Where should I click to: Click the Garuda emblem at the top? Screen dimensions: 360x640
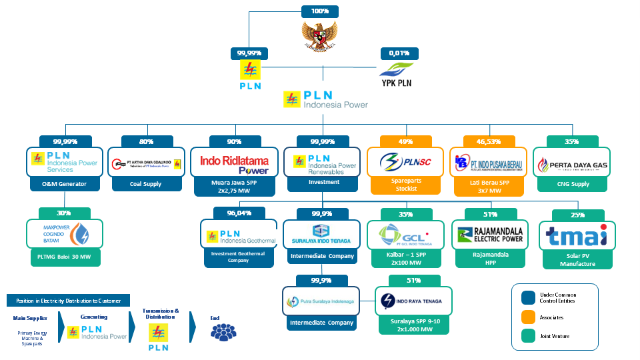pos(319,34)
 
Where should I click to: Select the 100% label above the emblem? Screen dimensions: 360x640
pos(319,11)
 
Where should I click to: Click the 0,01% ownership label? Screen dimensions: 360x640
pos(399,53)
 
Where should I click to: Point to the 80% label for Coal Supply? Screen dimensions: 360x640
pos(147,141)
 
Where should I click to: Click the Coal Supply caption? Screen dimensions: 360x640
pos(145,184)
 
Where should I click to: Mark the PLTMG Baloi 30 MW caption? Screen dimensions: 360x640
pos(65,256)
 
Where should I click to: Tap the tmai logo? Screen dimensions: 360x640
pos(577,236)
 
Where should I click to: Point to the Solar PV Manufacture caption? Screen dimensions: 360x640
pos(577,259)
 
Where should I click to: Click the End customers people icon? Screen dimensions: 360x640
pos(224,331)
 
